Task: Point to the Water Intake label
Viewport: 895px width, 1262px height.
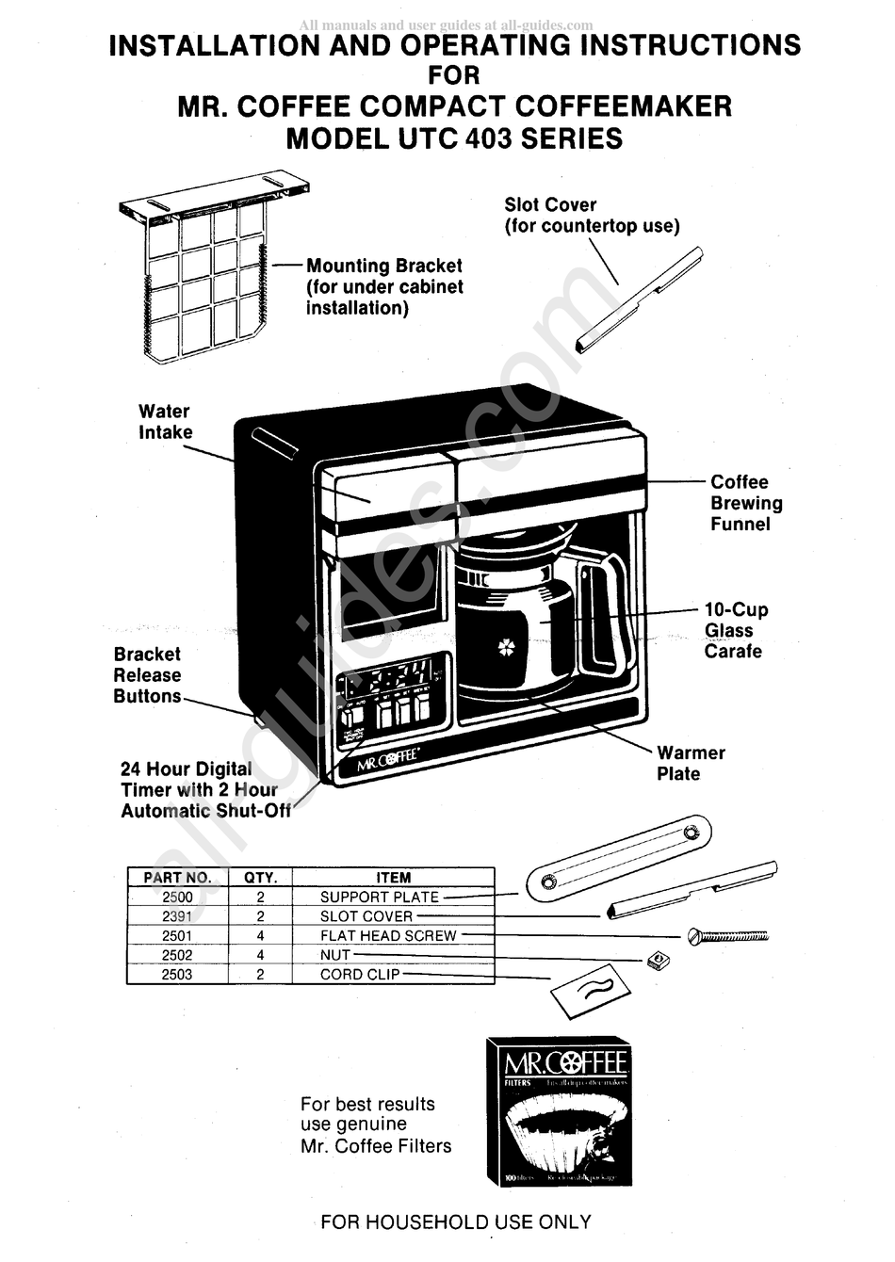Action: (x=165, y=422)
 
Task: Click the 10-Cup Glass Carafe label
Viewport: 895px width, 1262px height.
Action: (x=735, y=630)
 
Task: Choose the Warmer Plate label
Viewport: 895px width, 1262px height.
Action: (x=691, y=764)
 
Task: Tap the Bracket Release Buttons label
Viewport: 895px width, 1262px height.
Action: (x=147, y=675)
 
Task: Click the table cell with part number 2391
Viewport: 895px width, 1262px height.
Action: (x=177, y=916)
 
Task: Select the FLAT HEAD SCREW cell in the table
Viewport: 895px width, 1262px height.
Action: (x=388, y=936)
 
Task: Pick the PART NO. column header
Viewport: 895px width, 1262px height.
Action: (x=177, y=878)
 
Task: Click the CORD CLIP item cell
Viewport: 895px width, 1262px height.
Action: (x=360, y=975)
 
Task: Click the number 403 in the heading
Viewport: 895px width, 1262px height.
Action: (x=488, y=138)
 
